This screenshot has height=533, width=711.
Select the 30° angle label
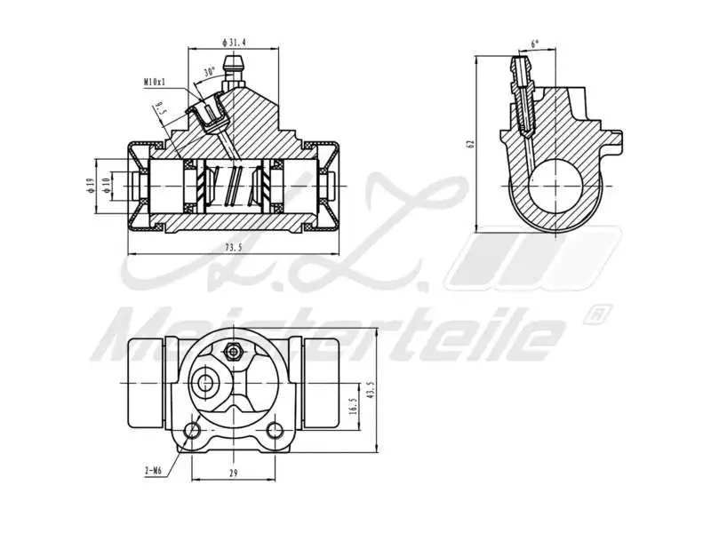point(210,72)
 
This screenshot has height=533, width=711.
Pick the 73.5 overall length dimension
point(233,248)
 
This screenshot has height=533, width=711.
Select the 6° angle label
point(534,43)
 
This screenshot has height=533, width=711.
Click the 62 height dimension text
point(471,142)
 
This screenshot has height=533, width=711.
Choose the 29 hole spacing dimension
point(233,473)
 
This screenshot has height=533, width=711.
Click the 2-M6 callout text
point(153,471)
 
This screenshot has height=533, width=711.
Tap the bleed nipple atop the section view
point(235,68)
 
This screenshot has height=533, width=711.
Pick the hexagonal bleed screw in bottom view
point(234,350)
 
